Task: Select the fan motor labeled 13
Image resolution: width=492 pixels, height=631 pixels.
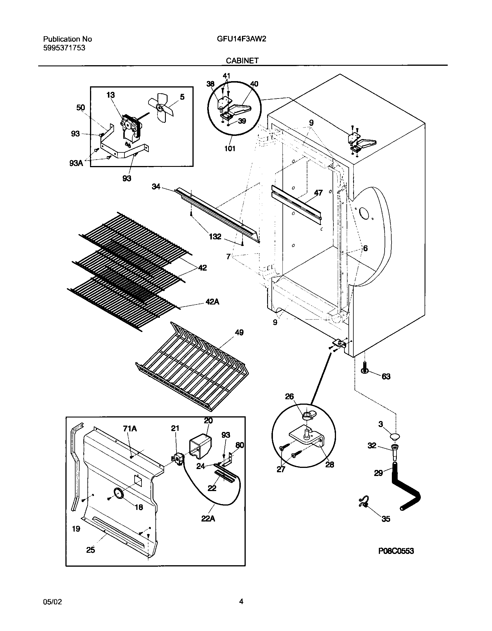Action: [x=131, y=127]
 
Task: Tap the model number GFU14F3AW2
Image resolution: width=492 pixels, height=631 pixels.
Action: [x=241, y=39]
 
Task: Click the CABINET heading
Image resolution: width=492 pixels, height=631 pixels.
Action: [x=242, y=60]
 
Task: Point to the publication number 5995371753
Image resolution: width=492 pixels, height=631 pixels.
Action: [x=64, y=48]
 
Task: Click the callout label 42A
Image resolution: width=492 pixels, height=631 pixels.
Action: [x=212, y=302]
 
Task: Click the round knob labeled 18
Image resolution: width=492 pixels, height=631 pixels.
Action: [x=118, y=493]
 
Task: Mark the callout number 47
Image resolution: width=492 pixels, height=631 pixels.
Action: [x=318, y=193]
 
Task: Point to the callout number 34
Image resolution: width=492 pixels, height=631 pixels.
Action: [x=156, y=187]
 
